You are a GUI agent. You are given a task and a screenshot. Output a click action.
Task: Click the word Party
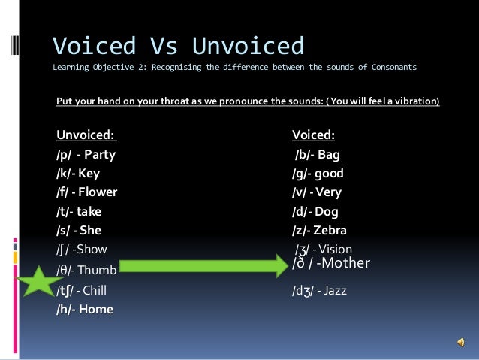coord(100,155)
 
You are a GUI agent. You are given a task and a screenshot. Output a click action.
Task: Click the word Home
coord(95,309)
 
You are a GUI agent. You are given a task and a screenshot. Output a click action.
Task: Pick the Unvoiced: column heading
coord(86,135)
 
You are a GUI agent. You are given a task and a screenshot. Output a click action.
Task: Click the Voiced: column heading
coord(313,135)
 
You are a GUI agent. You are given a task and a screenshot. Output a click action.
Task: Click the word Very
coord(329,192)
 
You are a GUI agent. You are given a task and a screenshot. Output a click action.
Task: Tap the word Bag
coord(329,155)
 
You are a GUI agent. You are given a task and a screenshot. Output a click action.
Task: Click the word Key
coord(89,174)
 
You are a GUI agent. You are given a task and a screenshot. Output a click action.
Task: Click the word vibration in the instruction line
coord(414,99)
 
